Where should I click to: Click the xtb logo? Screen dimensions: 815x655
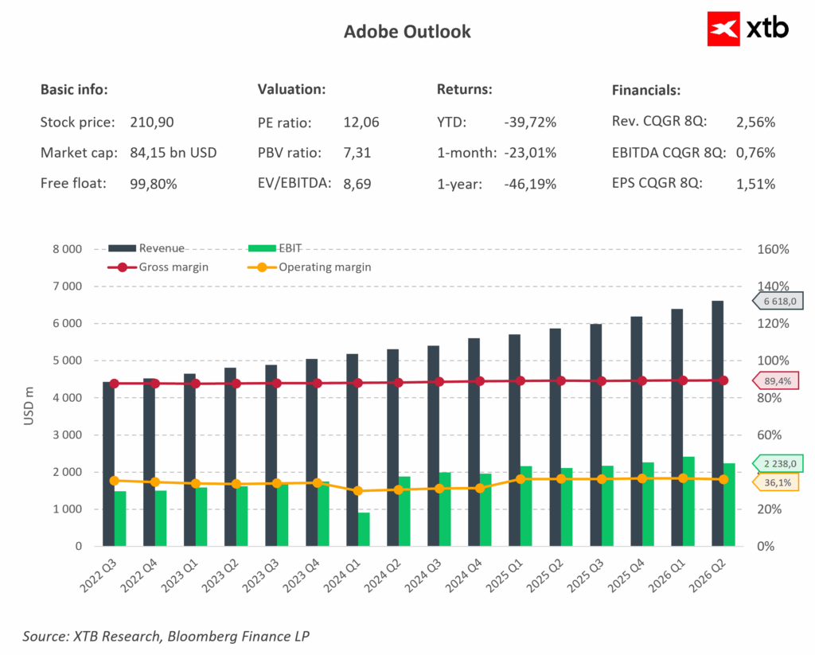pos(748,29)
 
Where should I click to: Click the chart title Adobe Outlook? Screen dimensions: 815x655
pos(407,32)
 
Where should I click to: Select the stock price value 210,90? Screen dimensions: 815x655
pos(152,122)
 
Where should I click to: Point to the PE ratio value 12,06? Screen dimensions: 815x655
pos(361,122)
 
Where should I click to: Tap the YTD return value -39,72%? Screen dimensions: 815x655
pos(530,122)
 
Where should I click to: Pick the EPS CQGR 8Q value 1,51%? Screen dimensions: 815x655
pos(756,184)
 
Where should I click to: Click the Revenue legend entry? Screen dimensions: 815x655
pos(146,248)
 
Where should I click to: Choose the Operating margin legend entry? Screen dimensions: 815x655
pos(310,267)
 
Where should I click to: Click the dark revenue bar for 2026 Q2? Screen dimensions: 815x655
pos(717,423)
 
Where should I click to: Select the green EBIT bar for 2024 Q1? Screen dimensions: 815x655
pos(364,529)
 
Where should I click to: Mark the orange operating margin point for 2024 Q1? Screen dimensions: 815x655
pos(358,491)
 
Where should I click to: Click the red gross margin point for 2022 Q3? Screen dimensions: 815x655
pos(115,384)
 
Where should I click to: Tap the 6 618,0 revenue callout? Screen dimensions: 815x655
pos(778,301)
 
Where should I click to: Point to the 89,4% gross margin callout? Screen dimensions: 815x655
pos(776,381)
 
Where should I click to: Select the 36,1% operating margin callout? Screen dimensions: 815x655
pos(776,482)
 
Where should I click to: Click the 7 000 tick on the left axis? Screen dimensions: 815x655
pos(67,286)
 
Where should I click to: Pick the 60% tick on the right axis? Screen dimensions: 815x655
pos(770,435)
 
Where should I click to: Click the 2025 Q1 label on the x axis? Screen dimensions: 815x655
pos(504,576)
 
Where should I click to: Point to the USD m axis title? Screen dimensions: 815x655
pos(29,405)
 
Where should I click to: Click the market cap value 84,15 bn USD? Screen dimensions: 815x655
pos(173,153)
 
